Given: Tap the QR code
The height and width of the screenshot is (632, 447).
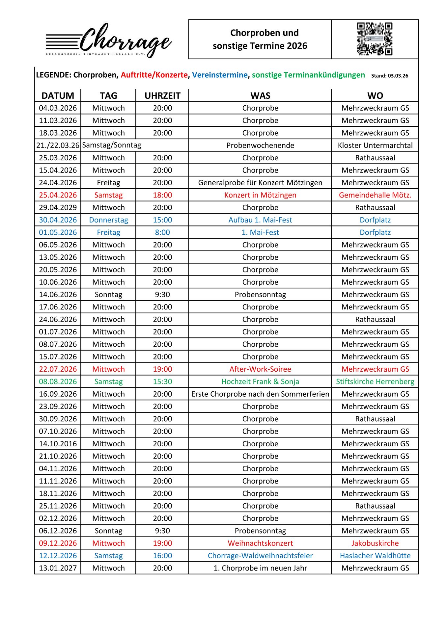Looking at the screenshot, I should point(375,39).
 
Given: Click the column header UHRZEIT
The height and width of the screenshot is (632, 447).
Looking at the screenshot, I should point(162,95).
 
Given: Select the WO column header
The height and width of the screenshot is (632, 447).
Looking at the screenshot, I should point(375,95).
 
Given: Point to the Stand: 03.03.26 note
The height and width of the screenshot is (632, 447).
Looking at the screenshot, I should point(389,76).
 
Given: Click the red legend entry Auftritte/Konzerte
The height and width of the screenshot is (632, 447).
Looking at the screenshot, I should point(154,75).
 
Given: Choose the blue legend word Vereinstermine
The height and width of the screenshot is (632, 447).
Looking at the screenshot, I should point(220,75).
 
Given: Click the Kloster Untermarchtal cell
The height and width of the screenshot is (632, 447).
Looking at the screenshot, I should point(375,145).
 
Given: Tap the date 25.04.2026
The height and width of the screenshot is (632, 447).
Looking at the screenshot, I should point(58,195).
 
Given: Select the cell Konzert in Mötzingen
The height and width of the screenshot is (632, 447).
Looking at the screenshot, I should point(260,195).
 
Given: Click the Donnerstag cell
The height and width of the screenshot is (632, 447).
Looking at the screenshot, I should point(108,220).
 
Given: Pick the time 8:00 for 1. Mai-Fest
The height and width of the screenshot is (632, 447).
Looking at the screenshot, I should point(162,232).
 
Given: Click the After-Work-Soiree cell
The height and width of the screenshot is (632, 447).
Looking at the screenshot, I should point(260,369).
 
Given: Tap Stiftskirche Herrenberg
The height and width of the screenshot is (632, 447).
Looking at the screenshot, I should point(375,382).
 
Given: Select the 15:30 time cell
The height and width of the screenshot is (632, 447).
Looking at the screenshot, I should point(162,382).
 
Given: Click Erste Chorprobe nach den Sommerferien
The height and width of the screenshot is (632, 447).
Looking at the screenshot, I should point(260,394).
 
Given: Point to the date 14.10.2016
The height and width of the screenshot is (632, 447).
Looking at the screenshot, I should point(58,444).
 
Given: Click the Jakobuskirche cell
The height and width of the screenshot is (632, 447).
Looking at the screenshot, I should point(375,543).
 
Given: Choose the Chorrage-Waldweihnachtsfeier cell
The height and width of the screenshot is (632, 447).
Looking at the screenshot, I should point(260,556).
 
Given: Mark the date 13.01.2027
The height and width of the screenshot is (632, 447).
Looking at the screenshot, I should point(58,568).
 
